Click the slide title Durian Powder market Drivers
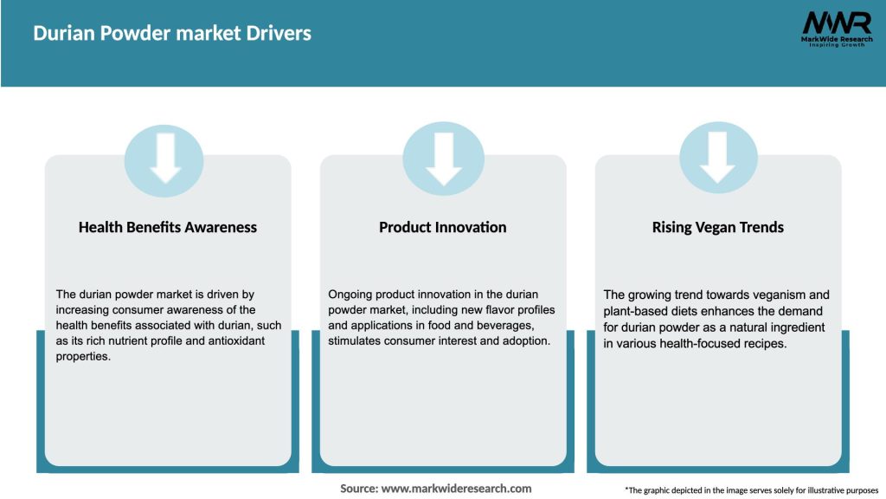coord(172,34)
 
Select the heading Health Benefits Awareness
coord(168,227)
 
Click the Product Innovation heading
coord(442,227)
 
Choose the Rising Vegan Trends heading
coord(718,227)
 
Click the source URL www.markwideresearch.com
coord(456,489)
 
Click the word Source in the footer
coord(357,489)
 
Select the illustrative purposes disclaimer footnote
coord(751,490)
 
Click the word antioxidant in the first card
coord(231,341)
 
